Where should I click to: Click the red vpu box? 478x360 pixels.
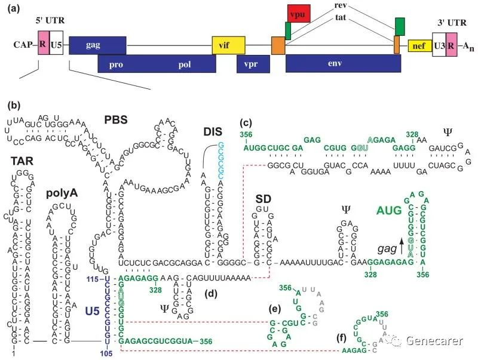tap(299, 13)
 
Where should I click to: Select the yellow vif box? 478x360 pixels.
tap(225, 44)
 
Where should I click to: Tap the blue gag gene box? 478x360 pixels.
tap(97, 45)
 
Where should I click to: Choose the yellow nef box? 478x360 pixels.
tap(420, 45)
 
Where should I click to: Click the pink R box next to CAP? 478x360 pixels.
tap(42, 44)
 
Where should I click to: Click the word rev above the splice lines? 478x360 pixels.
tap(342, 6)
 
